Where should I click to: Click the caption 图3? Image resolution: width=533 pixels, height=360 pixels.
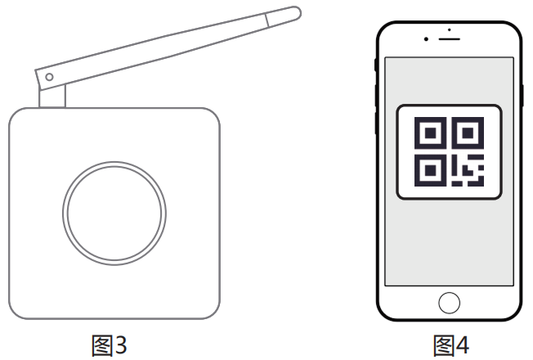109,345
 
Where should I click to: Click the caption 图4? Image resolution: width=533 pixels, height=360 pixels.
451,345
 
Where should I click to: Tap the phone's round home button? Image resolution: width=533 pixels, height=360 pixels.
449,303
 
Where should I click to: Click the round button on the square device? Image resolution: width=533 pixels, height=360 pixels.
114,214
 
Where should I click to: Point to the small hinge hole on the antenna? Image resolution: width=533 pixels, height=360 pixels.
49,77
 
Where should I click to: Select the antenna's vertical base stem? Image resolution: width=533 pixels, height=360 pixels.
52,97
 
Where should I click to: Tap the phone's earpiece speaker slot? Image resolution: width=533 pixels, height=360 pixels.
449,39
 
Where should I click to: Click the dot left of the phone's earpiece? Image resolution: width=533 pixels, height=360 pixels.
426,39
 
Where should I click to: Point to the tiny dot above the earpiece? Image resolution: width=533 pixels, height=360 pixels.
450,30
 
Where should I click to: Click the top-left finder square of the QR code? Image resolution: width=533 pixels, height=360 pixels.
430,133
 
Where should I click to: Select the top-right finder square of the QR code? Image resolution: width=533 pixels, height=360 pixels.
468,133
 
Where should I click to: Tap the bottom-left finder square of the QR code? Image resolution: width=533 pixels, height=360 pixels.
430,170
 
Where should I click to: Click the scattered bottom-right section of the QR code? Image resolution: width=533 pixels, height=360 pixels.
468,170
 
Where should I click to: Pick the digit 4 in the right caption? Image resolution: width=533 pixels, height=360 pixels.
463,345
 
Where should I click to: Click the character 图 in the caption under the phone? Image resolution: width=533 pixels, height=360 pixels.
444,345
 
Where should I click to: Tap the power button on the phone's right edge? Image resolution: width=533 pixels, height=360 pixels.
522,96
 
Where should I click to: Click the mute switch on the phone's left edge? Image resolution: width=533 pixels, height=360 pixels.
375,65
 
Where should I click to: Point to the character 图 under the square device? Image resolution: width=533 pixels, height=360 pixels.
101,345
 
